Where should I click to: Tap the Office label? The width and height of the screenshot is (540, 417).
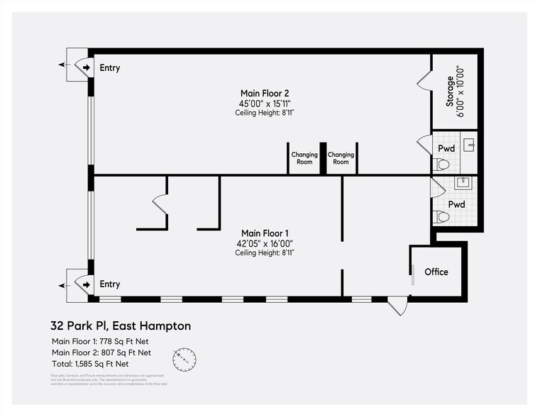pyautogui.click(x=436, y=272)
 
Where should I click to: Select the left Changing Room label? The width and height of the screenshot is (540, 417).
pyautogui.click(x=304, y=157)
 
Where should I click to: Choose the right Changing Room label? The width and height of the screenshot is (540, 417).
pyautogui.click(x=341, y=157)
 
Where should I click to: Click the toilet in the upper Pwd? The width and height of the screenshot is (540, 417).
pyautogui.click(x=441, y=165)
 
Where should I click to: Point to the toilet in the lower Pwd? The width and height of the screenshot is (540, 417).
pyautogui.click(x=441, y=216)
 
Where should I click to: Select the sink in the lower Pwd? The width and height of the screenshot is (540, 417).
pyautogui.click(x=467, y=183)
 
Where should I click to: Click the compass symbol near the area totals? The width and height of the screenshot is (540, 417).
pyautogui.click(x=184, y=359)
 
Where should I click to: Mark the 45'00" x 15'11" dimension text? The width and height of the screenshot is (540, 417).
pyautogui.click(x=265, y=103)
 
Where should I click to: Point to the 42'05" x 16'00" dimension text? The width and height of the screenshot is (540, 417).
pyautogui.click(x=265, y=243)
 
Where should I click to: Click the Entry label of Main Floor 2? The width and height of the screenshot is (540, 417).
pyautogui.click(x=110, y=68)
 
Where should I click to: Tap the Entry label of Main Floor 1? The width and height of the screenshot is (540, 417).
pyautogui.click(x=110, y=284)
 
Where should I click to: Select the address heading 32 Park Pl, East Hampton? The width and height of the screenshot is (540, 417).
pyautogui.click(x=121, y=326)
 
